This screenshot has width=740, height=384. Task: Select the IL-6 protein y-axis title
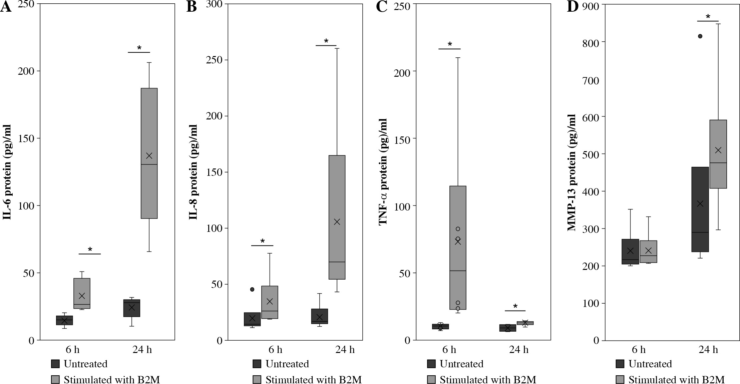tap(7, 172)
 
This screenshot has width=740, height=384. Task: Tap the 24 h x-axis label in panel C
tap(518, 350)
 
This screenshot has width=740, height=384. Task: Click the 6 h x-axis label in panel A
tap(72, 350)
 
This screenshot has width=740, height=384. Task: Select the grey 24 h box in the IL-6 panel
tap(149, 153)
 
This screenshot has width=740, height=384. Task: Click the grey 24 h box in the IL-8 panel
tap(337, 217)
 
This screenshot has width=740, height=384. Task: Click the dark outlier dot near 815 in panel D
tap(700, 36)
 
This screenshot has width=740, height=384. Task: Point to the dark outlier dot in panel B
tap(252, 289)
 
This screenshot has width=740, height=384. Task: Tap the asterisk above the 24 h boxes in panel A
tap(139, 48)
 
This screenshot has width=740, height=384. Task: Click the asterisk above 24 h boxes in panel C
tap(515, 306)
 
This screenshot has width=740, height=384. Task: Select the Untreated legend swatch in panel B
tap(257, 364)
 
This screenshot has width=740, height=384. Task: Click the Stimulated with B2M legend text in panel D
tap(677, 380)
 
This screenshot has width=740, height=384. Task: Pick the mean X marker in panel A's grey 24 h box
tap(149, 155)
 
